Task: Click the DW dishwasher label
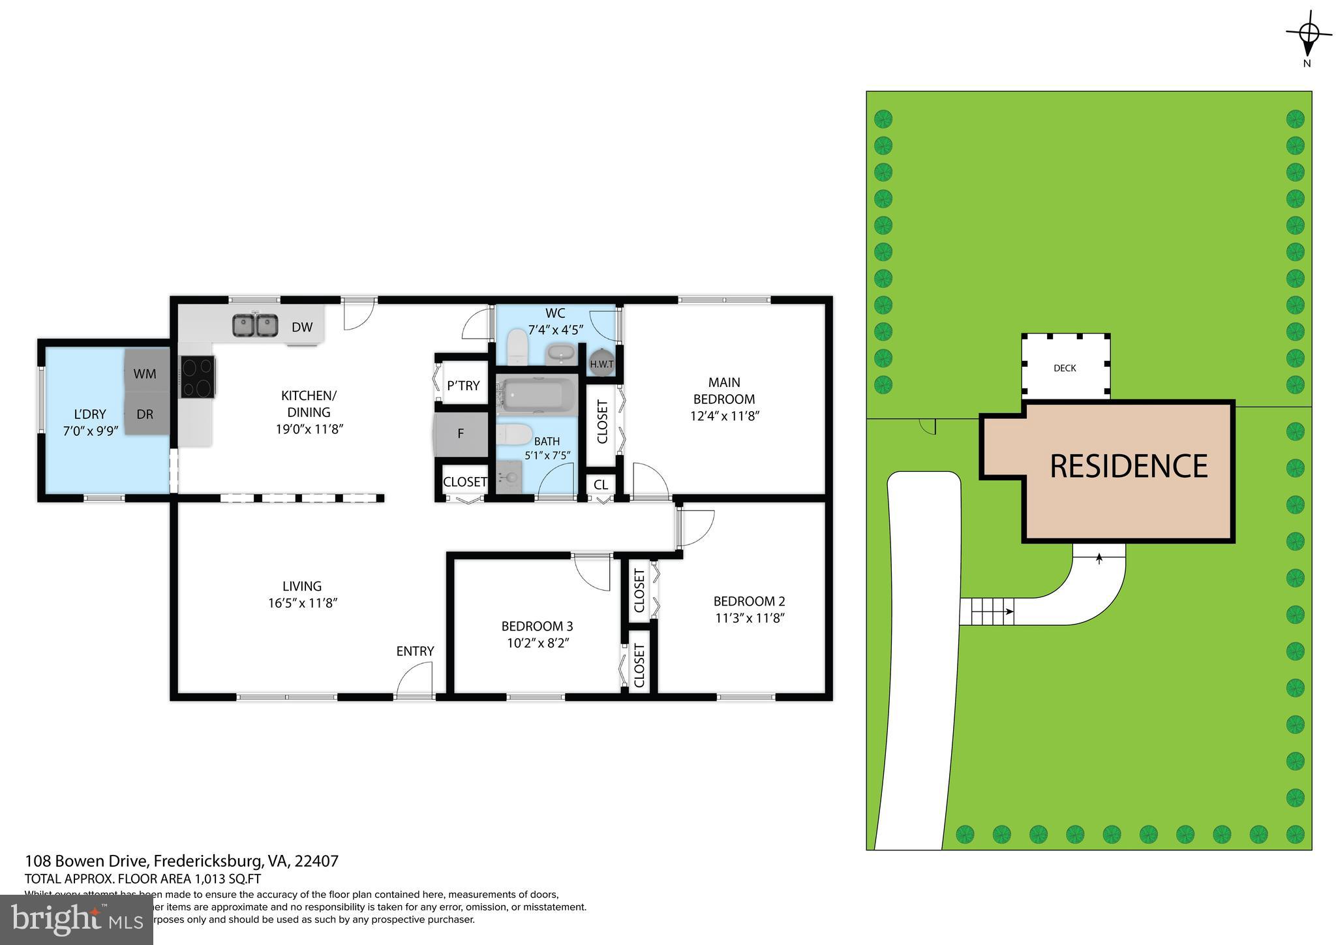click(301, 327)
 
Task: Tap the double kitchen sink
click(256, 325)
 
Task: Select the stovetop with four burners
click(198, 377)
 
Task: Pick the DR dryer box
click(145, 414)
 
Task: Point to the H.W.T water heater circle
click(601, 364)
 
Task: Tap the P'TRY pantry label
click(463, 385)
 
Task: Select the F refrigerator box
click(461, 433)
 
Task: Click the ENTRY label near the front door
click(415, 651)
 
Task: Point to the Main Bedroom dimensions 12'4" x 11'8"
click(724, 416)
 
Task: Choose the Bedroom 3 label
click(537, 626)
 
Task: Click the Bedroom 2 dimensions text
click(749, 618)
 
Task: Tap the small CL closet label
click(601, 485)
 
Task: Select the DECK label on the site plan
click(1065, 368)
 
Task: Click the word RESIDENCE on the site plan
click(1129, 466)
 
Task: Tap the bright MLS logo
click(76, 920)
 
